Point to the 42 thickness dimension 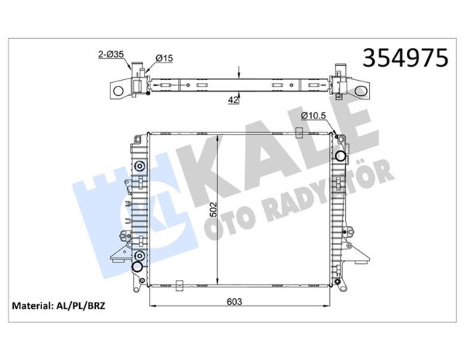(232, 101)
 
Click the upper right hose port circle (339, 154)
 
